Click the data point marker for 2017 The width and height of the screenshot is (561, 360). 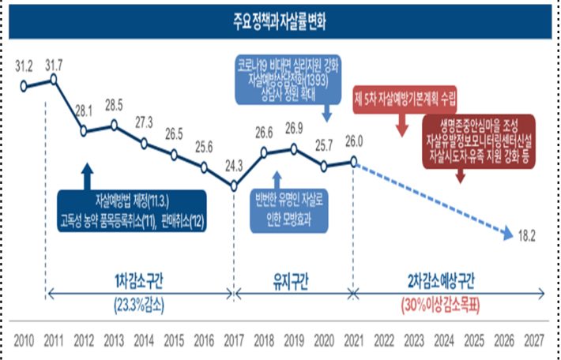(x=235, y=186)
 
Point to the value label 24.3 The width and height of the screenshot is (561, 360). (x=234, y=167)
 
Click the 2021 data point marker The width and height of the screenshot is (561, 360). (x=353, y=161)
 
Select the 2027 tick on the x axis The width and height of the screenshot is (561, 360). (x=533, y=343)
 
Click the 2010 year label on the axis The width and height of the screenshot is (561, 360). (x=24, y=343)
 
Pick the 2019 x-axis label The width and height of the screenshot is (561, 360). (x=293, y=343)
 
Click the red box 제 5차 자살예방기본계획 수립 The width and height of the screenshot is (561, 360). (x=405, y=100)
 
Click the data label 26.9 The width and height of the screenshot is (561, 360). (x=294, y=127)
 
